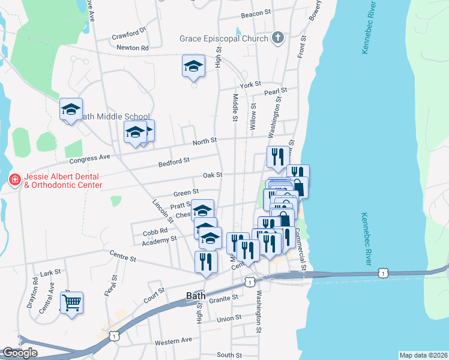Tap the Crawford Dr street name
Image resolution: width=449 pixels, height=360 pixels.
tap(129, 34)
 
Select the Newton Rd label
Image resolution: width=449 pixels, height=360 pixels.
tap(133, 47)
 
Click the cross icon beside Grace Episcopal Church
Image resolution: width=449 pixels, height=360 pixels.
tap(277, 38)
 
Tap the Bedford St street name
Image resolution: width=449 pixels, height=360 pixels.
tap(174, 161)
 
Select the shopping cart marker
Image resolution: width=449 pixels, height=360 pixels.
tap(71, 304)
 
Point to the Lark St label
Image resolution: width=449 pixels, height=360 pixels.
tap(50, 273)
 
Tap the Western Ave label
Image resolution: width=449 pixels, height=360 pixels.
tap(173, 340)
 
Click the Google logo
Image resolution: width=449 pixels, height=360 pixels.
tap(20, 353)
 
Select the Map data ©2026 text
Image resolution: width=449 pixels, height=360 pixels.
tap(423, 355)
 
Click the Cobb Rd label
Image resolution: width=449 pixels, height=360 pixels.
tap(155, 231)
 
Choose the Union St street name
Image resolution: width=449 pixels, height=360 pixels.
tap(229, 317)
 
